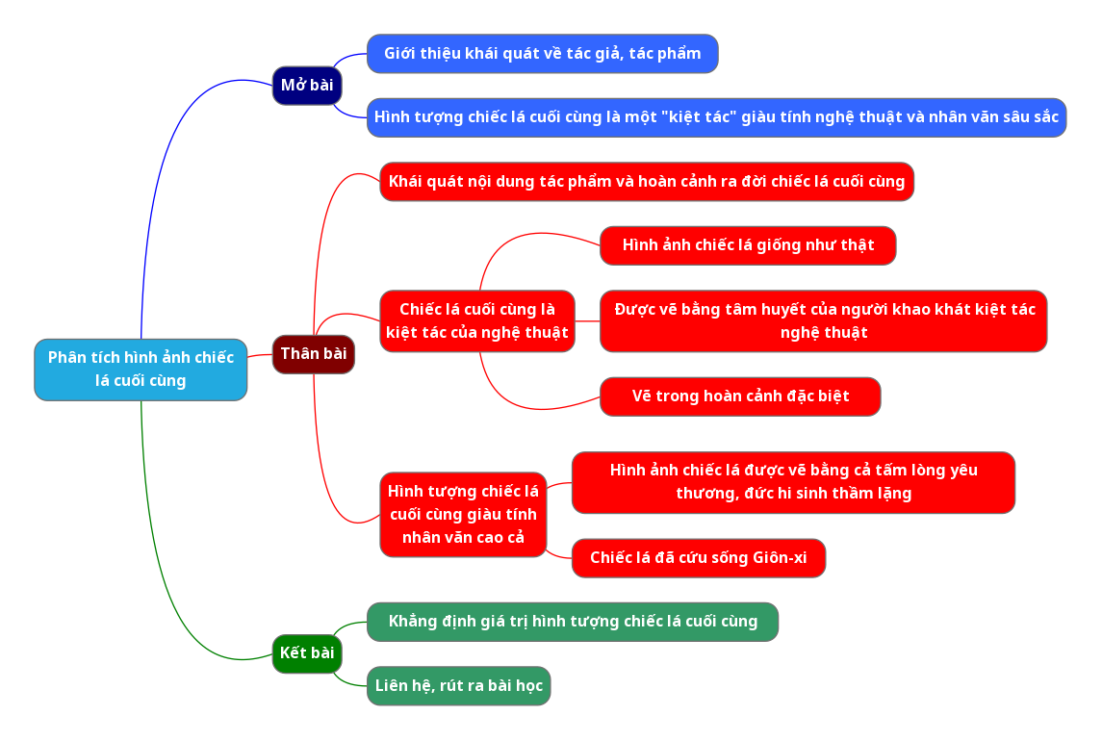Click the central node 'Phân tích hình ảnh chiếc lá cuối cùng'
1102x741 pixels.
point(141,370)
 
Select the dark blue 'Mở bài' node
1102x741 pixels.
point(307,86)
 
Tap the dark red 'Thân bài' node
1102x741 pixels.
point(314,354)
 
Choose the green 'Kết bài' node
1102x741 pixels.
point(307,653)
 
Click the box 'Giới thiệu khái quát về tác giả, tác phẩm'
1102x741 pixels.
point(542,54)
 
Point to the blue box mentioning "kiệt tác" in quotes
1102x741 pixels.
point(716,117)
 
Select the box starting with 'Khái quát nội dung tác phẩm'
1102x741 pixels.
point(647,182)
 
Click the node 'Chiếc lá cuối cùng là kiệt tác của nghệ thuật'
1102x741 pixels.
point(477,321)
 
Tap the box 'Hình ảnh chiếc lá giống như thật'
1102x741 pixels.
point(748,245)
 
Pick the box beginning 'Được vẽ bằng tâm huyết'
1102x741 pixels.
point(823,321)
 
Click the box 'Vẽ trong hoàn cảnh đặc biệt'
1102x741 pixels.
point(740,396)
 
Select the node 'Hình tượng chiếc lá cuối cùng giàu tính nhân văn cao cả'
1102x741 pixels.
point(463,515)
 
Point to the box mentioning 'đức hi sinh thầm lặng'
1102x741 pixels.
point(793,482)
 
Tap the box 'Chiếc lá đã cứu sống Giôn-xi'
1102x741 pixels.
point(699,558)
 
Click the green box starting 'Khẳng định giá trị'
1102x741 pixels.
point(573,622)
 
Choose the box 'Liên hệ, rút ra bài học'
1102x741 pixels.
point(459,686)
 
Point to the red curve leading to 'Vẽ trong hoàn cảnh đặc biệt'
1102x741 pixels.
point(520,401)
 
